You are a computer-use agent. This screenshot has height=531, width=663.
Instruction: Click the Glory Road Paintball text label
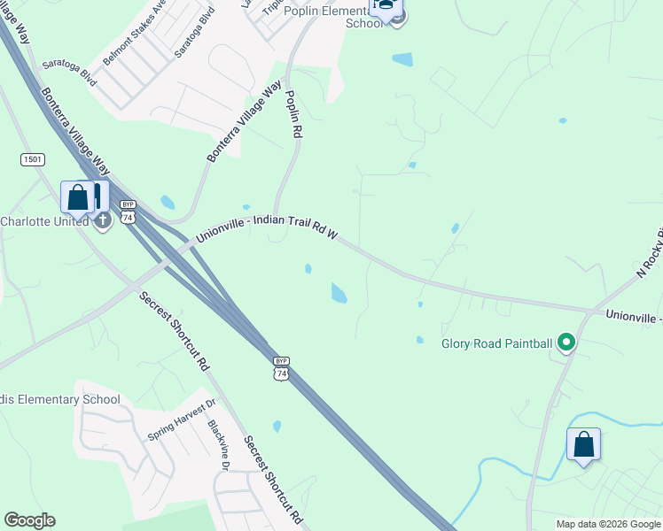(x=497, y=342)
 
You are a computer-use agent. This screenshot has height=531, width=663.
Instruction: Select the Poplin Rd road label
(x=294, y=112)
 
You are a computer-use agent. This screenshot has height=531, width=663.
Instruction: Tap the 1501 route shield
(x=33, y=158)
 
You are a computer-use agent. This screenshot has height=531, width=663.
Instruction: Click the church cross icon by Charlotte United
(x=103, y=219)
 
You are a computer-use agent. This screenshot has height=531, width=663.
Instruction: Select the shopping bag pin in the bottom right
(x=583, y=445)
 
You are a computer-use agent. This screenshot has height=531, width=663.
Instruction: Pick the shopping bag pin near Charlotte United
(x=78, y=198)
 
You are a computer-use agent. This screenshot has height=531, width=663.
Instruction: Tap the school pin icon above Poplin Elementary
(x=385, y=7)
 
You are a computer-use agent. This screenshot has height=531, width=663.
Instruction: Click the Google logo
(x=29, y=520)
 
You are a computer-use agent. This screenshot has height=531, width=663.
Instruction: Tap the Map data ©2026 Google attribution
(x=609, y=524)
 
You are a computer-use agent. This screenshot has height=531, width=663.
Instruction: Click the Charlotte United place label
(x=44, y=221)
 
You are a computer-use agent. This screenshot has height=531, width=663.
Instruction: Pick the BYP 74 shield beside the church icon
(x=129, y=212)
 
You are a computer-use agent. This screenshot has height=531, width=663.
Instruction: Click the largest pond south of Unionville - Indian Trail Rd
(x=339, y=292)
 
